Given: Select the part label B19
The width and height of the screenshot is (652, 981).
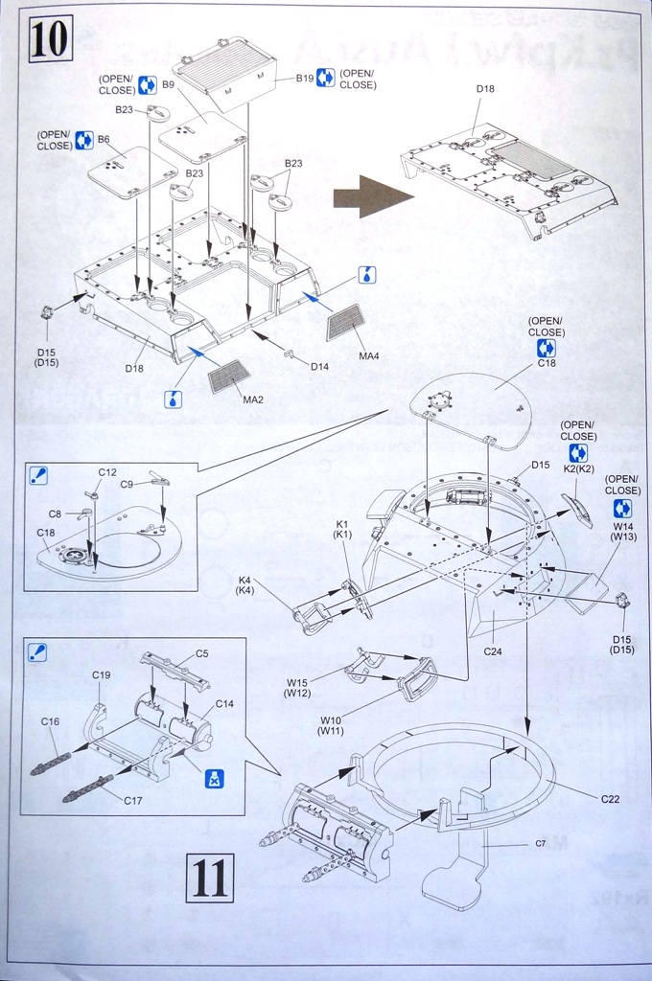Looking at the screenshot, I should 305,78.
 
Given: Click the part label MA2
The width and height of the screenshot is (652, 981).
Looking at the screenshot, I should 253,398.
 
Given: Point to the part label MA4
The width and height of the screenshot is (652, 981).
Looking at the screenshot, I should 369,356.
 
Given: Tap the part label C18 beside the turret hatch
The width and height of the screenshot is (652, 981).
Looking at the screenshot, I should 547,363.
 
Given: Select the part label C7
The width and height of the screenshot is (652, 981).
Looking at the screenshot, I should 541,844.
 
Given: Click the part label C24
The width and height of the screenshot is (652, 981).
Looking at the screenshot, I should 493,651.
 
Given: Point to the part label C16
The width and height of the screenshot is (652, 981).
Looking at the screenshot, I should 50,721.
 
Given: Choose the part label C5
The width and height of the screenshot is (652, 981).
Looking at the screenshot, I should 201,653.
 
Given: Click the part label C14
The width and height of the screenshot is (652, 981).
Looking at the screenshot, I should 223,703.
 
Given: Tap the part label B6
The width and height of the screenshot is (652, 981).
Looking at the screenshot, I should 104,139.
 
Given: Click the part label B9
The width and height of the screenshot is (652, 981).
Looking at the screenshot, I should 167,85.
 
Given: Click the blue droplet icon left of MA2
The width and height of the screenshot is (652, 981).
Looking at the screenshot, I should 174,399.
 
